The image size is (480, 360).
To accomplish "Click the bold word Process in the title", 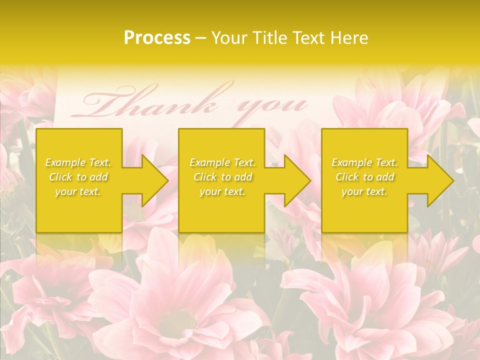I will (x=157, y=38).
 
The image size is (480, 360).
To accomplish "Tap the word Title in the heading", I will (x=267, y=38).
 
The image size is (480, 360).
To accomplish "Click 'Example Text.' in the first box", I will (x=78, y=162).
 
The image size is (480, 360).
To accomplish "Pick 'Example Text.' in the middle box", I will (x=222, y=162).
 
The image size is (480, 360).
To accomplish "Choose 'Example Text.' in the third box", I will (x=364, y=162).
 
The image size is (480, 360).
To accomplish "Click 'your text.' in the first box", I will (x=78, y=191).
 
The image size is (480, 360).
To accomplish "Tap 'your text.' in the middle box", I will (x=222, y=191).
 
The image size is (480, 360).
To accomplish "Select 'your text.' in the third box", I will (x=364, y=191).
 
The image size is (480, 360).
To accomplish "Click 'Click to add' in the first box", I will (x=78, y=177).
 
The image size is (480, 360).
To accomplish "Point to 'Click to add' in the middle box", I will (x=222, y=177).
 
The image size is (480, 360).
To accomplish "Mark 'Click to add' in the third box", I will (x=364, y=177).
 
